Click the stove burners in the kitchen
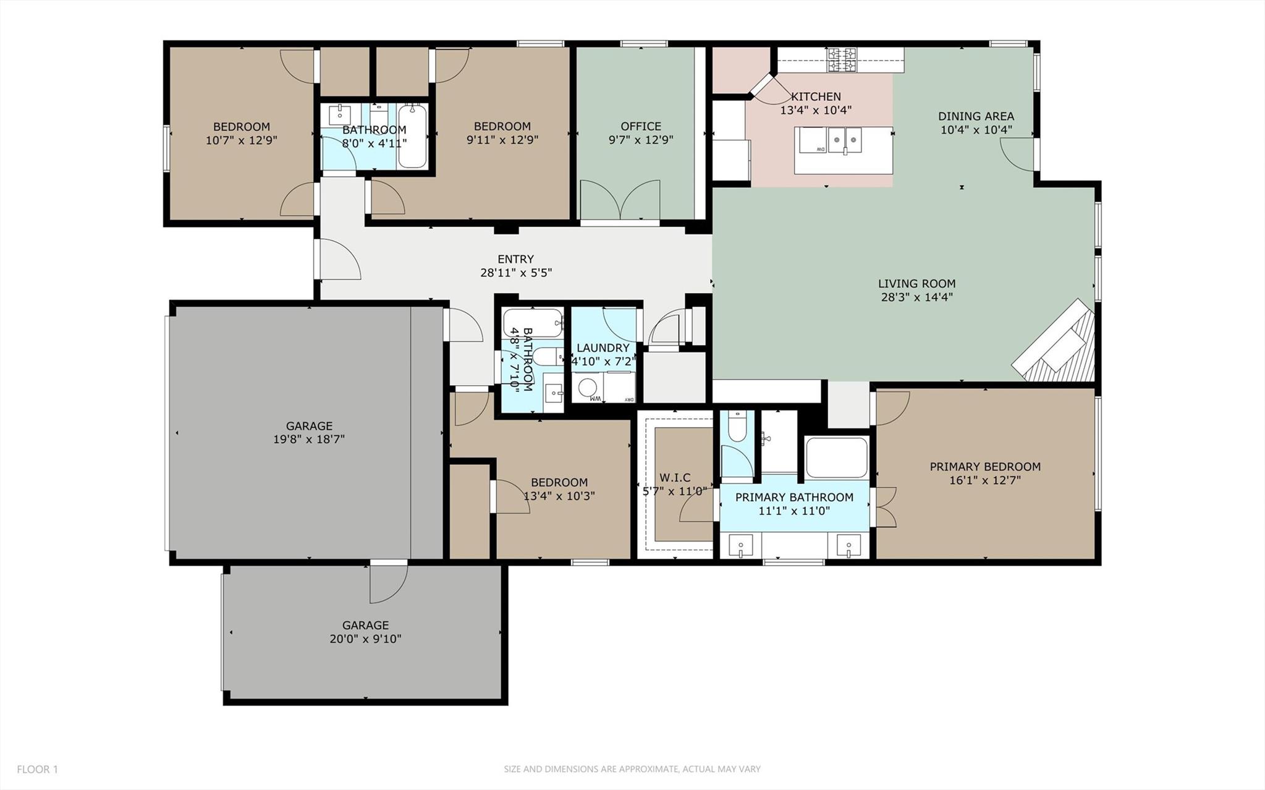click(x=842, y=59)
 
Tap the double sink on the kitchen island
click(x=845, y=140)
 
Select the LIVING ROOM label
click(x=916, y=284)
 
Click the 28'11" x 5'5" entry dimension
click(x=515, y=273)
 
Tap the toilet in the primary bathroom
click(x=737, y=427)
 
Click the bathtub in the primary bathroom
click(x=836, y=457)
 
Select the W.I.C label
click(x=675, y=477)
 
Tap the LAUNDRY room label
click(x=603, y=348)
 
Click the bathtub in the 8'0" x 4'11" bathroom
click(x=412, y=137)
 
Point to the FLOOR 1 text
click(x=37, y=770)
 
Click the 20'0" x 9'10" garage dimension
click(x=365, y=639)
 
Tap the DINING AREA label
click(x=976, y=116)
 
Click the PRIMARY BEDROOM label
click(x=985, y=467)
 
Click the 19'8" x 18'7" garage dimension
click(x=309, y=440)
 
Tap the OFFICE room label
click(x=641, y=126)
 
